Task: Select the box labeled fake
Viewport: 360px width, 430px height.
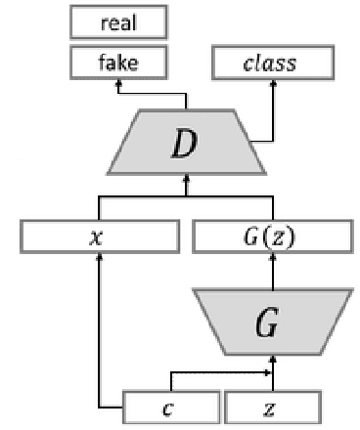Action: (117, 64)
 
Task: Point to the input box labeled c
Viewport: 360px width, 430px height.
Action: (169, 407)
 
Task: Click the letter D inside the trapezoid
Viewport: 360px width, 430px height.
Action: (184, 144)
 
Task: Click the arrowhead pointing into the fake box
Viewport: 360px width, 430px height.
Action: (118, 85)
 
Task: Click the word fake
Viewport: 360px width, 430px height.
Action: (117, 64)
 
